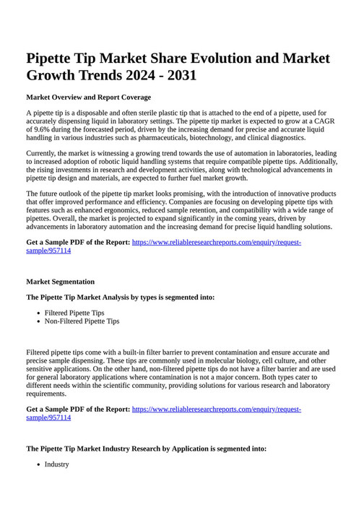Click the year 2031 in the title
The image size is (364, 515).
(176, 75)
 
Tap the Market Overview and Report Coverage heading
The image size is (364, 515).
(88, 97)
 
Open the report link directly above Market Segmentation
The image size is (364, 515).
(216, 243)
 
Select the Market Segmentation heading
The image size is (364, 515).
(60, 282)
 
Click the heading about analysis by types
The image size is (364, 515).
(120, 297)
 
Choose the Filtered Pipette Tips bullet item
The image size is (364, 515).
(74, 313)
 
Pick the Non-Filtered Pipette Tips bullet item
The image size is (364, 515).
(82, 321)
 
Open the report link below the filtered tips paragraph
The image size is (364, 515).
(216, 410)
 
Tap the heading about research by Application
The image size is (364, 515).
(146, 449)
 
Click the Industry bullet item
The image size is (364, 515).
(56, 464)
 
